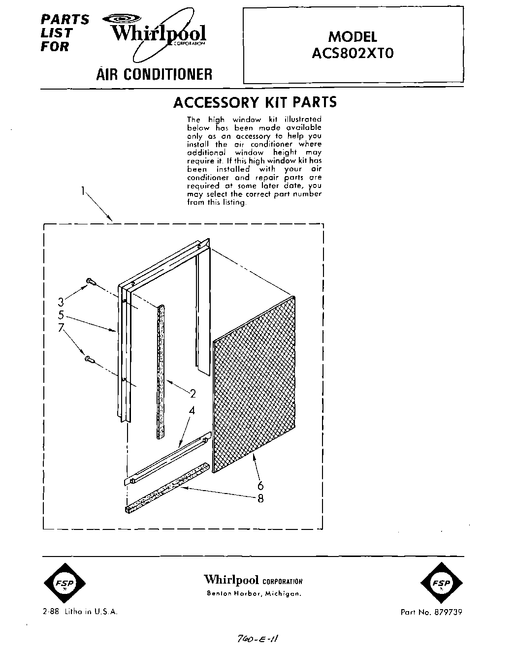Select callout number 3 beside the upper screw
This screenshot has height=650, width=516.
pyautogui.click(x=61, y=302)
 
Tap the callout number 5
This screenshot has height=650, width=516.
pyautogui.click(x=61, y=314)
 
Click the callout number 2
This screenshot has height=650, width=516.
pyautogui.click(x=193, y=393)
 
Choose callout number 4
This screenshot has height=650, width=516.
pyautogui.click(x=193, y=410)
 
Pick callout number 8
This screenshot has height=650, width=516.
pyautogui.click(x=260, y=498)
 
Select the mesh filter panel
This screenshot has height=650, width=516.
pyautogui.click(x=254, y=385)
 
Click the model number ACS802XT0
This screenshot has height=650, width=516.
pyautogui.click(x=353, y=53)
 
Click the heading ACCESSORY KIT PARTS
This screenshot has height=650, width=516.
pyautogui.click(x=255, y=102)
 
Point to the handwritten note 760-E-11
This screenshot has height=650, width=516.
pyautogui.click(x=258, y=638)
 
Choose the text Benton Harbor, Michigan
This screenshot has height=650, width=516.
pyautogui.click(x=253, y=593)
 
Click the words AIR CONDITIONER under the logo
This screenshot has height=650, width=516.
pyautogui.click(x=154, y=74)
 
